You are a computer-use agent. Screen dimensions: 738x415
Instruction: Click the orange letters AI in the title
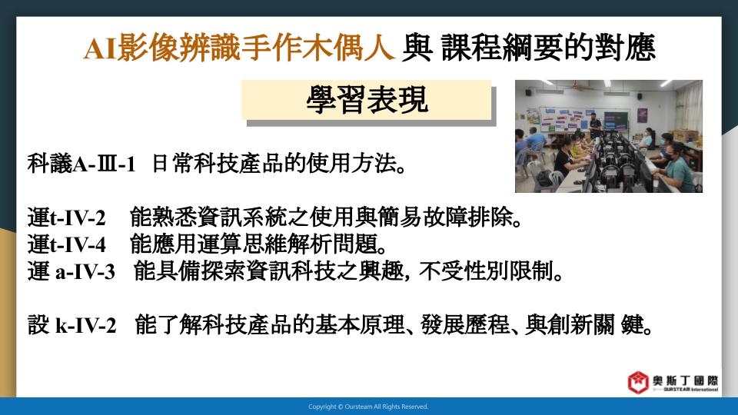click(x=100, y=48)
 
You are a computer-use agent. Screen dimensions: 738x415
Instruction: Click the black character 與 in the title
click(x=417, y=48)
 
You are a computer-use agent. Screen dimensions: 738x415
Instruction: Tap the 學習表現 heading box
click(x=367, y=100)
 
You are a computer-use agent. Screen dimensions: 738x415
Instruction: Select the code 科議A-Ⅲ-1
click(x=81, y=164)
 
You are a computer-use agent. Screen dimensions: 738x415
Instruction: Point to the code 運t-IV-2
click(x=66, y=217)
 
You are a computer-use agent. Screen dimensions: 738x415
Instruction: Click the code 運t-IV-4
click(x=66, y=244)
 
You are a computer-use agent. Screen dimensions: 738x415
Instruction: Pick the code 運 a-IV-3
click(x=71, y=271)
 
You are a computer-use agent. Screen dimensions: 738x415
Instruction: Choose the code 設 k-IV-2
click(x=71, y=324)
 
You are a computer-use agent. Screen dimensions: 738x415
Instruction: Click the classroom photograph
click(x=609, y=137)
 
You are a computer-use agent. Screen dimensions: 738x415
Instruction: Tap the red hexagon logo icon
click(x=638, y=382)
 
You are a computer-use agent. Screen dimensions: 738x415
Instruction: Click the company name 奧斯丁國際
click(x=685, y=380)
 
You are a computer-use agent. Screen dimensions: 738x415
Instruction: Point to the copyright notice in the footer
click(x=368, y=407)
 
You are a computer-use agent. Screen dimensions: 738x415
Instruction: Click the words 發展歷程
click(x=466, y=324)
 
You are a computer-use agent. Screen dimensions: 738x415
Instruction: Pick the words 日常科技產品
click(x=218, y=164)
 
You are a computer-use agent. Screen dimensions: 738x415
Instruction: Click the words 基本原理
click(x=360, y=324)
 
